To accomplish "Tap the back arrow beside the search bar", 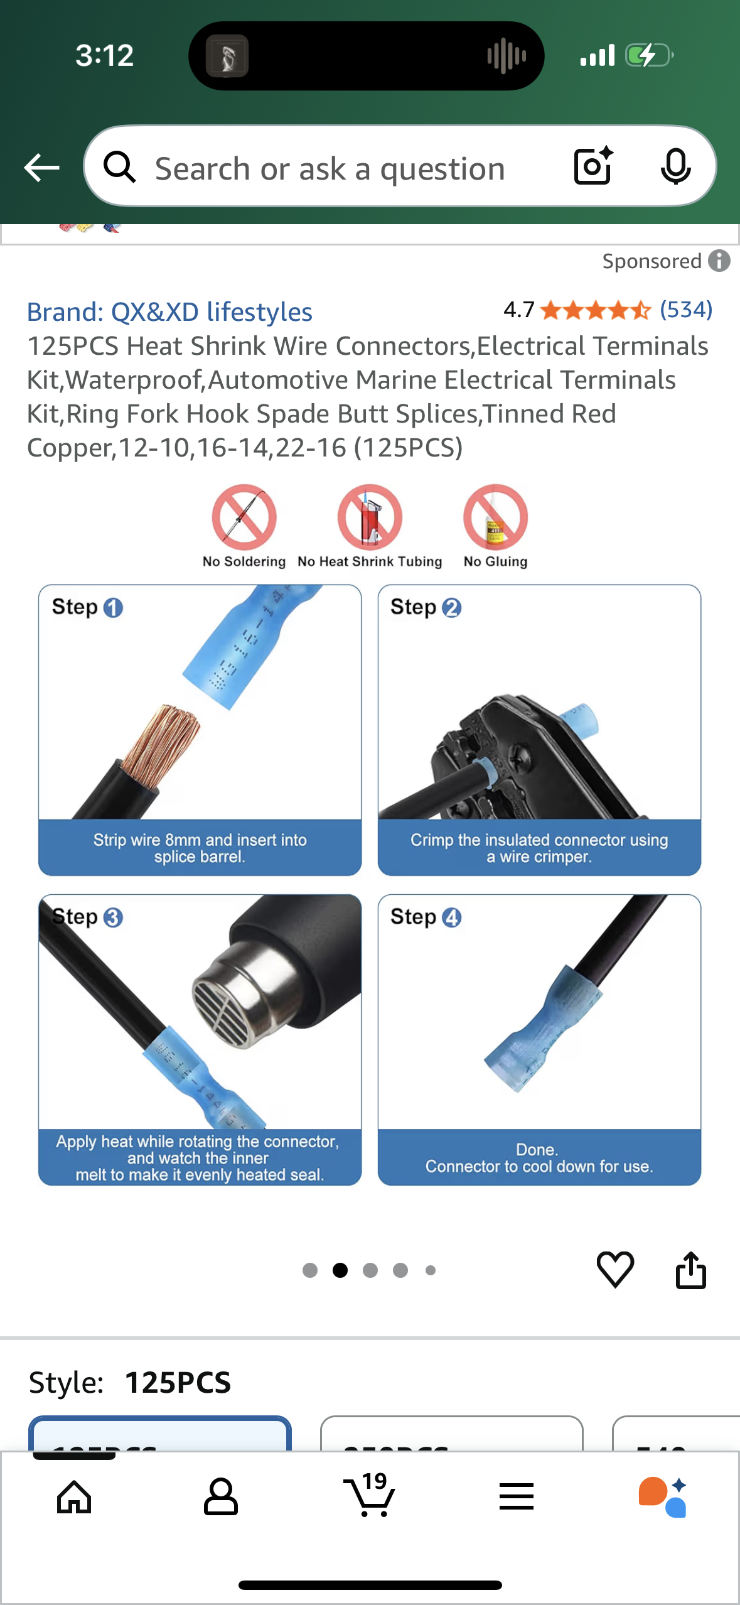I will pos(41,168).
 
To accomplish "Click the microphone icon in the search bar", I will pos(675,167).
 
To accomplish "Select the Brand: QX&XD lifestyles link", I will pos(169,312).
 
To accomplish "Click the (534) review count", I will pos(686,310).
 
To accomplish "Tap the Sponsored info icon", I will pos(719,261).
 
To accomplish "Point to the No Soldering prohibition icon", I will pos(244,517).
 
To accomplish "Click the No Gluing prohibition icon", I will pos(495,517).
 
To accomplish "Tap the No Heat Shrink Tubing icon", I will pos(370,517).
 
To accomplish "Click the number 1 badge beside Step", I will pos(113,608).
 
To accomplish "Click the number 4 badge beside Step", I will pos(451,917).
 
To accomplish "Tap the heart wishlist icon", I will pos(615,1269).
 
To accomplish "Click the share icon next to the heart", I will pos(690,1270).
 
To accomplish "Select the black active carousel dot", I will pos(340,1270).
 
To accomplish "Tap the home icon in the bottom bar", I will pos(74,1497).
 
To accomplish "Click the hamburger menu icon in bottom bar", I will pos(517,1497).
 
